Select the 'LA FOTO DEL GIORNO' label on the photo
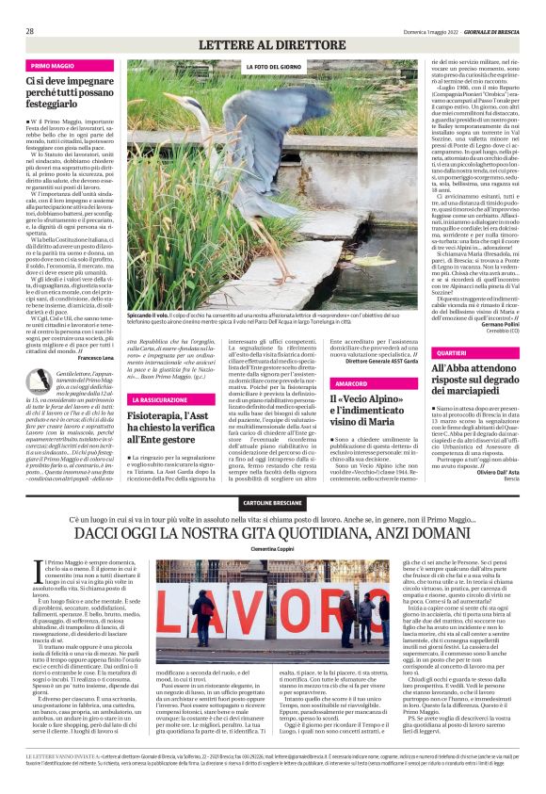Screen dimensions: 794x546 [x=274, y=68]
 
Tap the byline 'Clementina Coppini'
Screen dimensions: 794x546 [x=273, y=546]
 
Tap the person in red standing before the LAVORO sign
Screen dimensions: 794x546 [x=204, y=617]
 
